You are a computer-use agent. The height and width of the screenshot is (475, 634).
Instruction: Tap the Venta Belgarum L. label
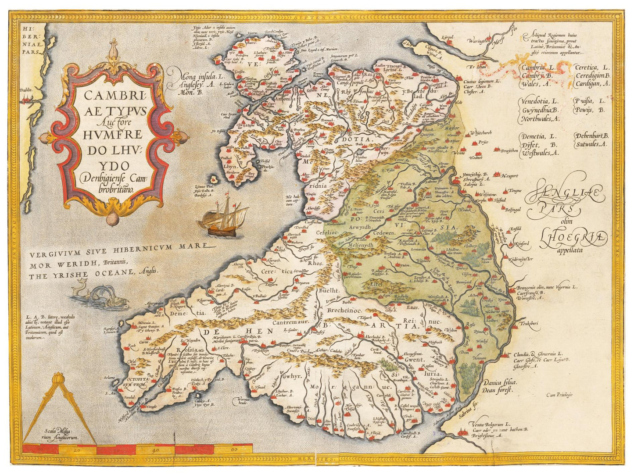point(487,425)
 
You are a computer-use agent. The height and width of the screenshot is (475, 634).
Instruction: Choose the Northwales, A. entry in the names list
point(540,118)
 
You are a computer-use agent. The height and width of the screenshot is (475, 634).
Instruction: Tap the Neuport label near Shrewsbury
point(509,175)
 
